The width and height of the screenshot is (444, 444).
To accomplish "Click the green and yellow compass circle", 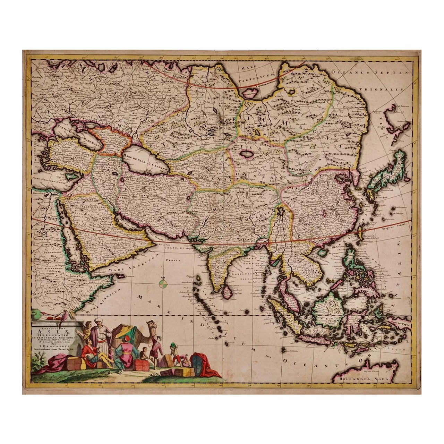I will click(x=163, y=284).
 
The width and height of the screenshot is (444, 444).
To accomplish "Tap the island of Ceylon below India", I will click(x=227, y=292).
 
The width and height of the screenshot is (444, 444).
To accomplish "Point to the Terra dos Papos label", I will click(x=402, y=322).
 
